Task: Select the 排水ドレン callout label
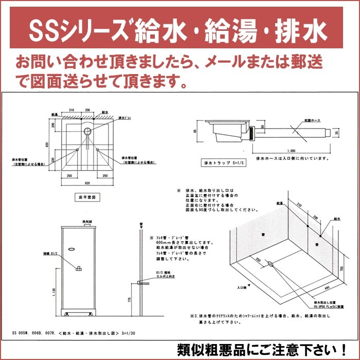click(125, 117)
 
